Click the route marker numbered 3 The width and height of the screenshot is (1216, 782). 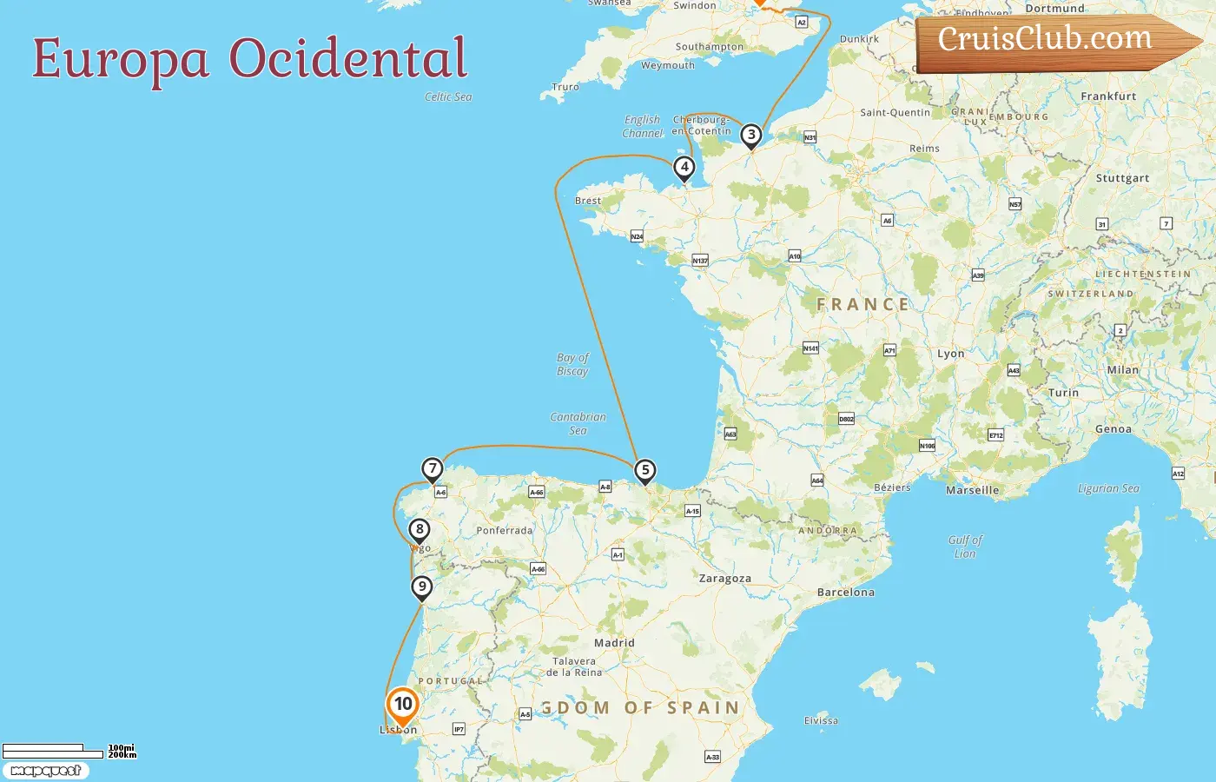click(x=751, y=135)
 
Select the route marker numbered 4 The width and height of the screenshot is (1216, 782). click(x=684, y=167)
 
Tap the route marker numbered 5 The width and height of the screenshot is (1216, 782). click(x=644, y=470)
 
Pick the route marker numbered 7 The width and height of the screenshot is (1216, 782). click(x=433, y=468)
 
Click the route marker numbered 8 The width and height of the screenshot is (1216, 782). click(x=420, y=528)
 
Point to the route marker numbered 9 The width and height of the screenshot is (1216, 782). click(x=422, y=586)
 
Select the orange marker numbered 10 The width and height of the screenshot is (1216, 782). click(x=402, y=704)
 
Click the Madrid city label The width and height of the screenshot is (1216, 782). click(x=614, y=643)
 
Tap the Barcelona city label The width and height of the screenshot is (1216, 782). click(x=845, y=593)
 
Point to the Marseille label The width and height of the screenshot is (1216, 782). click(x=972, y=490)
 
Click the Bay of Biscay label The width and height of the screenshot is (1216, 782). click(x=572, y=364)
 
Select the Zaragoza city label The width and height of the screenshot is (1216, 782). click(x=725, y=578)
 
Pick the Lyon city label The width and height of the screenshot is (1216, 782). click(x=950, y=354)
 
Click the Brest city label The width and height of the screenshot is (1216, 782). click(x=588, y=201)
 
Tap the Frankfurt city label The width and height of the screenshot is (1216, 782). click(x=1108, y=96)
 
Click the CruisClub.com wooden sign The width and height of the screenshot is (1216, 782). click(x=1051, y=42)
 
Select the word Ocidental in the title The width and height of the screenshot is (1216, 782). click(x=347, y=59)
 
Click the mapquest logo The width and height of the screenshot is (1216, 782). click(x=46, y=771)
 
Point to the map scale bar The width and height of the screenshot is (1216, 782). click(x=52, y=751)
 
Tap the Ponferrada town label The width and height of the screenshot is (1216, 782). click(x=504, y=530)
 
